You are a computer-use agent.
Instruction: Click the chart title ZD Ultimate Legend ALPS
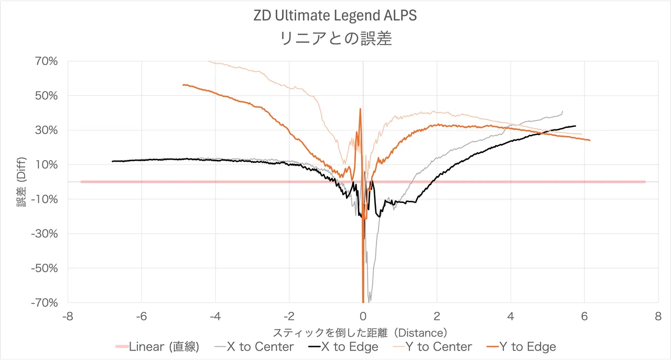point(335,16)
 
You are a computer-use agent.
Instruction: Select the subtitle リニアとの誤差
point(335,39)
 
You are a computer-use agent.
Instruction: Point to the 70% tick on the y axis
point(46,61)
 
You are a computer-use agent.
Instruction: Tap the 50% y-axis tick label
point(46,96)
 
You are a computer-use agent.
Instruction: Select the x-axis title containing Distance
point(360,333)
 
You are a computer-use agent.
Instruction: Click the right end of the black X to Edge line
point(576,126)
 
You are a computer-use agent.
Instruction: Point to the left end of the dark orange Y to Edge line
point(183,84)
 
